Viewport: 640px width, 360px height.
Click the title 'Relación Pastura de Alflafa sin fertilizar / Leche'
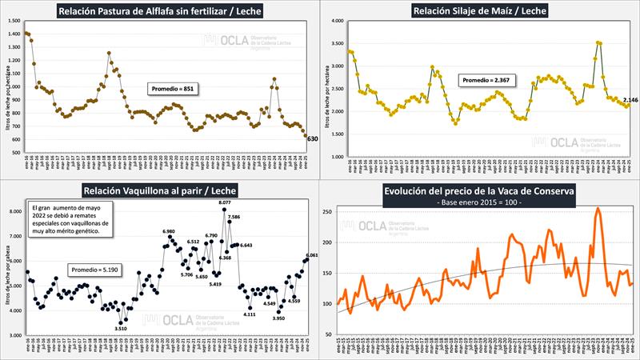160,10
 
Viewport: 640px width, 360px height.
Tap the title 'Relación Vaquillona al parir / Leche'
159,190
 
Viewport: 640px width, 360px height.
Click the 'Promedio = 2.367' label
485,80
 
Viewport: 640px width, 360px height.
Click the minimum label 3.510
121,328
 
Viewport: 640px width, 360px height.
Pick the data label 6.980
169,231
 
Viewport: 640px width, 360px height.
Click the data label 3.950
279,318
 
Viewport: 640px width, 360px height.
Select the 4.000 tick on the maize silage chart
337,21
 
